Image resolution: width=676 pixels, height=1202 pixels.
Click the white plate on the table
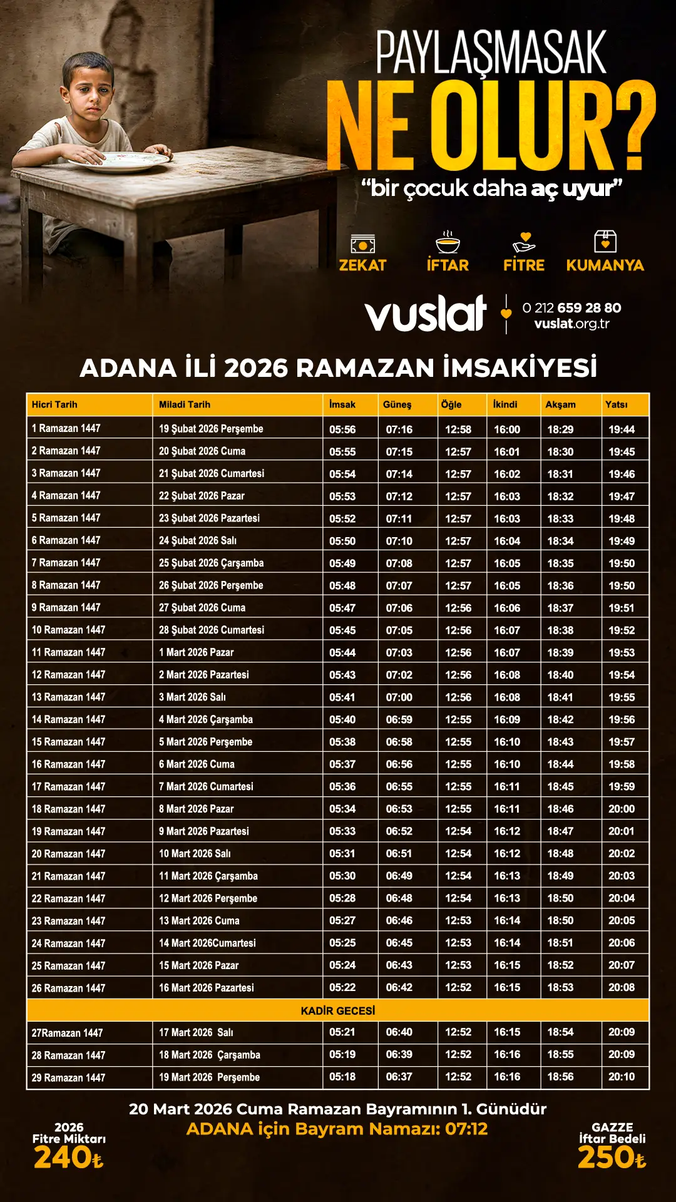tap(119, 161)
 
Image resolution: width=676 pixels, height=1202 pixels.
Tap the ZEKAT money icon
tap(362, 243)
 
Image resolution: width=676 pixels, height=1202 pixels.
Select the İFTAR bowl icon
tap(448, 242)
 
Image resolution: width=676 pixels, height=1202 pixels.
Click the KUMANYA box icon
tap(605, 241)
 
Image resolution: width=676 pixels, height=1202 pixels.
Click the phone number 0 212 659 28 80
tap(571, 307)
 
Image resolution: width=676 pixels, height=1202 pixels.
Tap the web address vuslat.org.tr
tap(571, 324)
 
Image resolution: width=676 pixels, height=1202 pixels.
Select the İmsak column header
tap(342, 404)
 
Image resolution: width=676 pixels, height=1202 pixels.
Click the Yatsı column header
tap(616, 404)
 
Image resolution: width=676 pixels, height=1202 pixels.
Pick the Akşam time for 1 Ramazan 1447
tap(560, 429)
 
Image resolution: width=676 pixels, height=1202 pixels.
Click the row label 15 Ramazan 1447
tap(69, 742)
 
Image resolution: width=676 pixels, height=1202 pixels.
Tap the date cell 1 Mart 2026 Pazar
tap(196, 652)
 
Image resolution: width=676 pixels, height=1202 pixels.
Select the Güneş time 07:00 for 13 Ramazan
tap(399, 697)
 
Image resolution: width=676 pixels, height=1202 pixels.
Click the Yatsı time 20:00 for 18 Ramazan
tap(622, 809)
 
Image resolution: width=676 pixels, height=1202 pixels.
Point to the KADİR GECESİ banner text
tap(338, 1010)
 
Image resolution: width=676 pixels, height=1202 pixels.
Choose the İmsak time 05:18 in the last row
tap(342, 1077)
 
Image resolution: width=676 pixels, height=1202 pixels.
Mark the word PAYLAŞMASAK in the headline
tap(491, 54)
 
